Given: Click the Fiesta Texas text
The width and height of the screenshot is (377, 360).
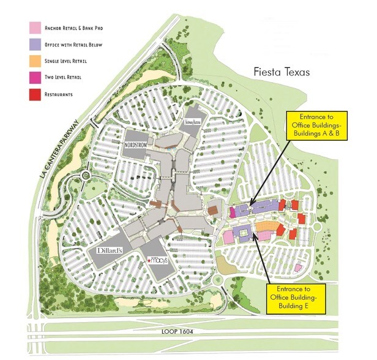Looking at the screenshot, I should click(x=282, y=72).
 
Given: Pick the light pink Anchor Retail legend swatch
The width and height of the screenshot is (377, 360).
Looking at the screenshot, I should click(x=35, y=28).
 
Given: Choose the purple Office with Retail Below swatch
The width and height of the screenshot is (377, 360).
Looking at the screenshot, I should click(x=35, y=44).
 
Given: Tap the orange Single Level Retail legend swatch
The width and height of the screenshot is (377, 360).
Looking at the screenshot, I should click(x=35, y=61).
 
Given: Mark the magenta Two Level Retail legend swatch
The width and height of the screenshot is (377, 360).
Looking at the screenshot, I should click(x=35, y=78).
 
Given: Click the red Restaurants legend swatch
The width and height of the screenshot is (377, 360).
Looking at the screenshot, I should click(x=35, y=94).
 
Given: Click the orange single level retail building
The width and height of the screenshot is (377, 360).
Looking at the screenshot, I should click(x=264, y=228).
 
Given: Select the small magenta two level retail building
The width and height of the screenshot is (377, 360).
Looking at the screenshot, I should click(x=233, y=212).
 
